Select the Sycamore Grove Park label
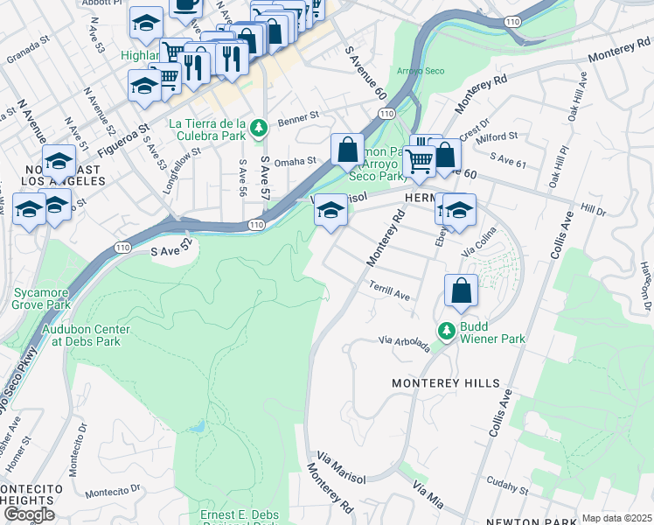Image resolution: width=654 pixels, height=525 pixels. (41, 299)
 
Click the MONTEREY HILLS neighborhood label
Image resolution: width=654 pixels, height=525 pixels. (446, 383)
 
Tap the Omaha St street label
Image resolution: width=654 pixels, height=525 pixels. (294, 161)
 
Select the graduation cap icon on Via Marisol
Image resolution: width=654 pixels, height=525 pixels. (330, 211)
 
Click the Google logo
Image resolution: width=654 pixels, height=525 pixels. (29, 514)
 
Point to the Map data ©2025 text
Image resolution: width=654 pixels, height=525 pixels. (616, 518)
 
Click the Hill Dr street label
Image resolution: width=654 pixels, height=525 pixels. (593, 211)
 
